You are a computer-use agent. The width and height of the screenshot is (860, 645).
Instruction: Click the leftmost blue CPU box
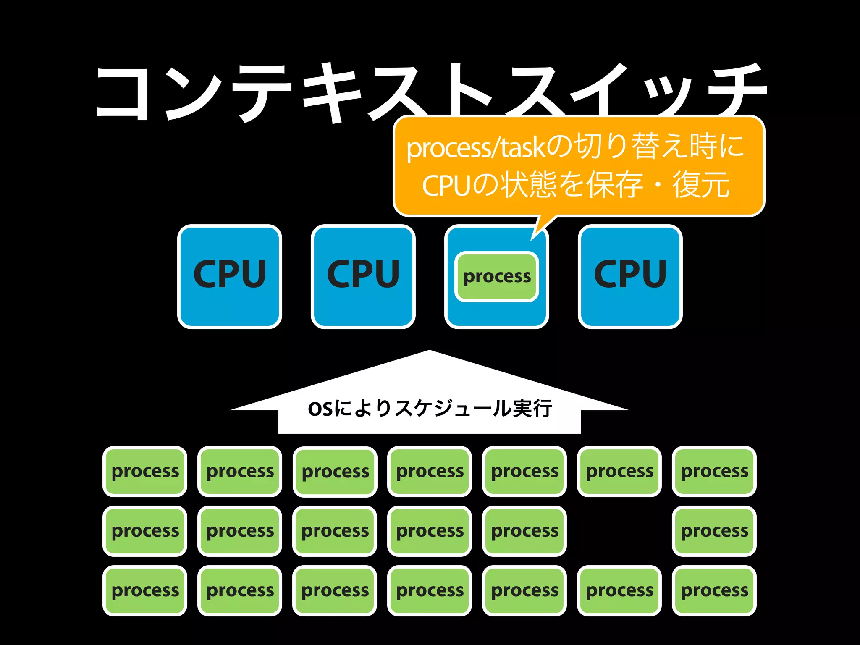(x=229, y=276)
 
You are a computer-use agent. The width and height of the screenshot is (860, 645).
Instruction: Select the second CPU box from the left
(x=363, y=276)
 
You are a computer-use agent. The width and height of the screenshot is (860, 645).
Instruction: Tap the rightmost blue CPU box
(x=630, y=276)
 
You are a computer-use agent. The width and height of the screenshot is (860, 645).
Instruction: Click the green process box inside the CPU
(x=497, y=276)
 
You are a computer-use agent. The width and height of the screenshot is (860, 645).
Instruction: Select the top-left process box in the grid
(x=145, y=471)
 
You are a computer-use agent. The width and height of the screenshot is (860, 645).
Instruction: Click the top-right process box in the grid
(x=714, y=471)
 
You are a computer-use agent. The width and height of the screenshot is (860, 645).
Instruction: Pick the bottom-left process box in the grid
(x=145, y=590)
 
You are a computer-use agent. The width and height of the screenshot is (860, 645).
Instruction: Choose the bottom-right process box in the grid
(x=714, y=590)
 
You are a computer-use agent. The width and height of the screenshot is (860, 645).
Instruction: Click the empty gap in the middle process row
(x=619, y=531)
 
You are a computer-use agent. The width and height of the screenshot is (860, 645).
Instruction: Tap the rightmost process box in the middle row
(x=714, y=531)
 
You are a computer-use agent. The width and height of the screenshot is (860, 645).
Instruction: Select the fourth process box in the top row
(x=430, y=471)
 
